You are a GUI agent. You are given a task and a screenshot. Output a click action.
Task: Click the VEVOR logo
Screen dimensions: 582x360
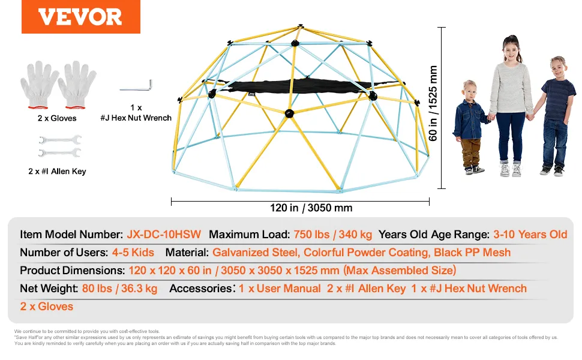tap(80, 17)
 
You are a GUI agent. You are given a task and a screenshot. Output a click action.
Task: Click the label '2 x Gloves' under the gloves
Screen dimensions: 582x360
tap(57, 118)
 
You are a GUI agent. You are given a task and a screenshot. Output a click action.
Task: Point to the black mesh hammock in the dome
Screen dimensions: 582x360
tap(297, 86)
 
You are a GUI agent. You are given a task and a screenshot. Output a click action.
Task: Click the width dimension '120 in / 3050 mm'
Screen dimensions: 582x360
tap(311, 208)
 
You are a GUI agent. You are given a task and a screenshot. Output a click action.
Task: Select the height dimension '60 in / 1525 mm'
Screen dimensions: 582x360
tap(433, 103)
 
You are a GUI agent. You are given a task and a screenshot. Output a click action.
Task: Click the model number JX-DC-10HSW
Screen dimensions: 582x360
tap(164, 235)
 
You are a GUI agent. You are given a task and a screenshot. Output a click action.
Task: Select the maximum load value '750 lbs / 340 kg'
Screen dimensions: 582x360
tap(332, 235)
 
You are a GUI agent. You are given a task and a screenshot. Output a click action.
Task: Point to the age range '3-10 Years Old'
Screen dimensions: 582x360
tap(530, 235)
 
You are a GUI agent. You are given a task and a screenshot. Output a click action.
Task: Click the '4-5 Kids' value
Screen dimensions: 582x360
tap(133, 253)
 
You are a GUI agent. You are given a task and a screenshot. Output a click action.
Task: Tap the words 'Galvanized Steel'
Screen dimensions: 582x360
tap(256, 253)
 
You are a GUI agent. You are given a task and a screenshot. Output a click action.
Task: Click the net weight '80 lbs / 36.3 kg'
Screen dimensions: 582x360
tap(119, 289)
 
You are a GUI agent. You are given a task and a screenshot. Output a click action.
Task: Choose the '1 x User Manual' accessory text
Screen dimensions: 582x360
tap(280, 289)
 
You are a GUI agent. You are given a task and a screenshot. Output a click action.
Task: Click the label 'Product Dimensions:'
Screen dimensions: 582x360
tap(73, 270)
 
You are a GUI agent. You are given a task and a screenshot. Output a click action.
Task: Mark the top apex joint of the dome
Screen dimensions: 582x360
tap(300, 26)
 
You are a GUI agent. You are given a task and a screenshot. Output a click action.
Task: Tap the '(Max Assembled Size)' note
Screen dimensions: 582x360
tap(400, 270)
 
